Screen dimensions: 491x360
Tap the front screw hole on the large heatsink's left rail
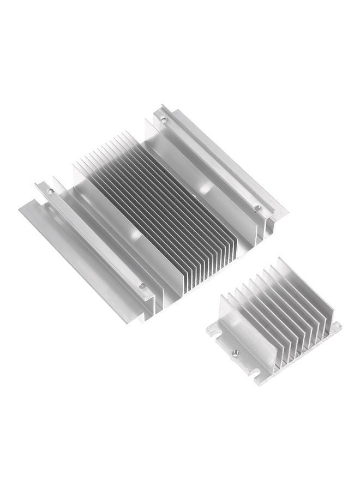pyautogui.click(x=142, y=285)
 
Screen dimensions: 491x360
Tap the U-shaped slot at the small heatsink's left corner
pyautogui.click(x=210, y=331)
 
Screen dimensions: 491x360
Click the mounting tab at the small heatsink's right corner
pyautogui.click(x=335, y=327)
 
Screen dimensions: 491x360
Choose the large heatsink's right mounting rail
pyautogui.click(x=218, y=164)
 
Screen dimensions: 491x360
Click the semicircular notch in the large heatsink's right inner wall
pyautogui.click(x=206, y=188)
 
